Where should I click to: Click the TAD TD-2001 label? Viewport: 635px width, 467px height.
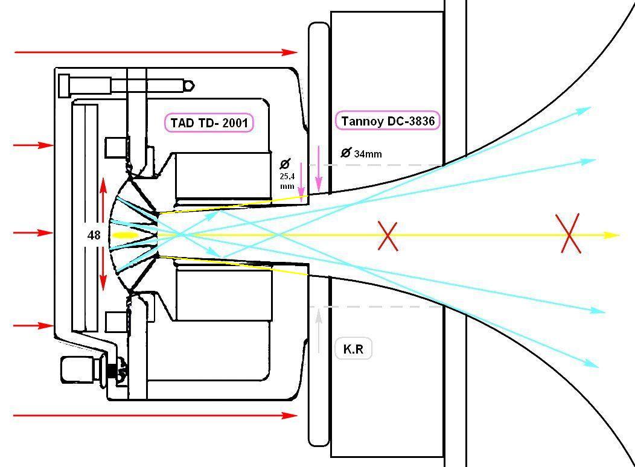pos(208,122)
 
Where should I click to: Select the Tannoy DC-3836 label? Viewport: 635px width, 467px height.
pos(388,121)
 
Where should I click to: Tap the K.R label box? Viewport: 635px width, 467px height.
pos(353,349)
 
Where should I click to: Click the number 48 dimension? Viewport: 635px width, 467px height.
pos(94,235)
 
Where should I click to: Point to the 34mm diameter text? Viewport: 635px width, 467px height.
pos(368,154)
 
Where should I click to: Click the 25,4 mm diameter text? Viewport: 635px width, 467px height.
pos(287,177)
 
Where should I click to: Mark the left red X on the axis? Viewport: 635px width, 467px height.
pos(388,235)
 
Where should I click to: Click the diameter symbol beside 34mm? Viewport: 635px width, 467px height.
pos(346,153)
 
